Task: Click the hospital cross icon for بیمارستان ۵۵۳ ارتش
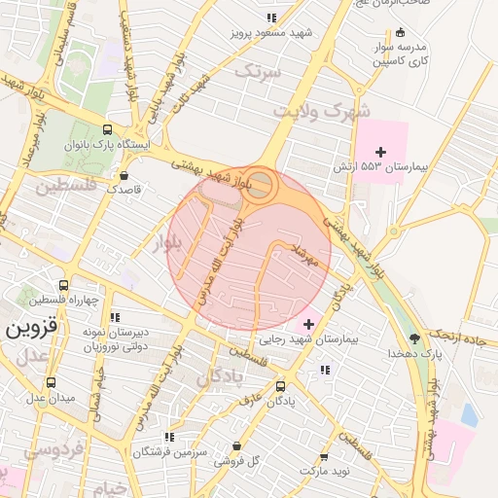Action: tap(380, 152)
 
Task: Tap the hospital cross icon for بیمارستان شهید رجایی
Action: tap(309, 324)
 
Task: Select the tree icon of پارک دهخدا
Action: tap(416, 338)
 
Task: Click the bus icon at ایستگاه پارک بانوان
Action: tap(107, 129)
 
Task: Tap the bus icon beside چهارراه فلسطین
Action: tap(63, 286)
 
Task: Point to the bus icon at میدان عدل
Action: tap(50, 382)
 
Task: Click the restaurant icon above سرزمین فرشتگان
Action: tap(169, 437)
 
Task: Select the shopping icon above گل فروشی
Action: tap(235, 445)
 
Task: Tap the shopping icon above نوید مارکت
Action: tap(324, 456)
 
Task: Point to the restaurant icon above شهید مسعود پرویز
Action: tap(272, 18)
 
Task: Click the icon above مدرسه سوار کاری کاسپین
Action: tap(400, 32)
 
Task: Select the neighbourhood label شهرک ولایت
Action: tap(322, 111)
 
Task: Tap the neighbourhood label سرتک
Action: tap(263, 71)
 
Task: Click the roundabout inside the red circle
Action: tap(258, 185)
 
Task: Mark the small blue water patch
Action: tap(469, 415)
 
